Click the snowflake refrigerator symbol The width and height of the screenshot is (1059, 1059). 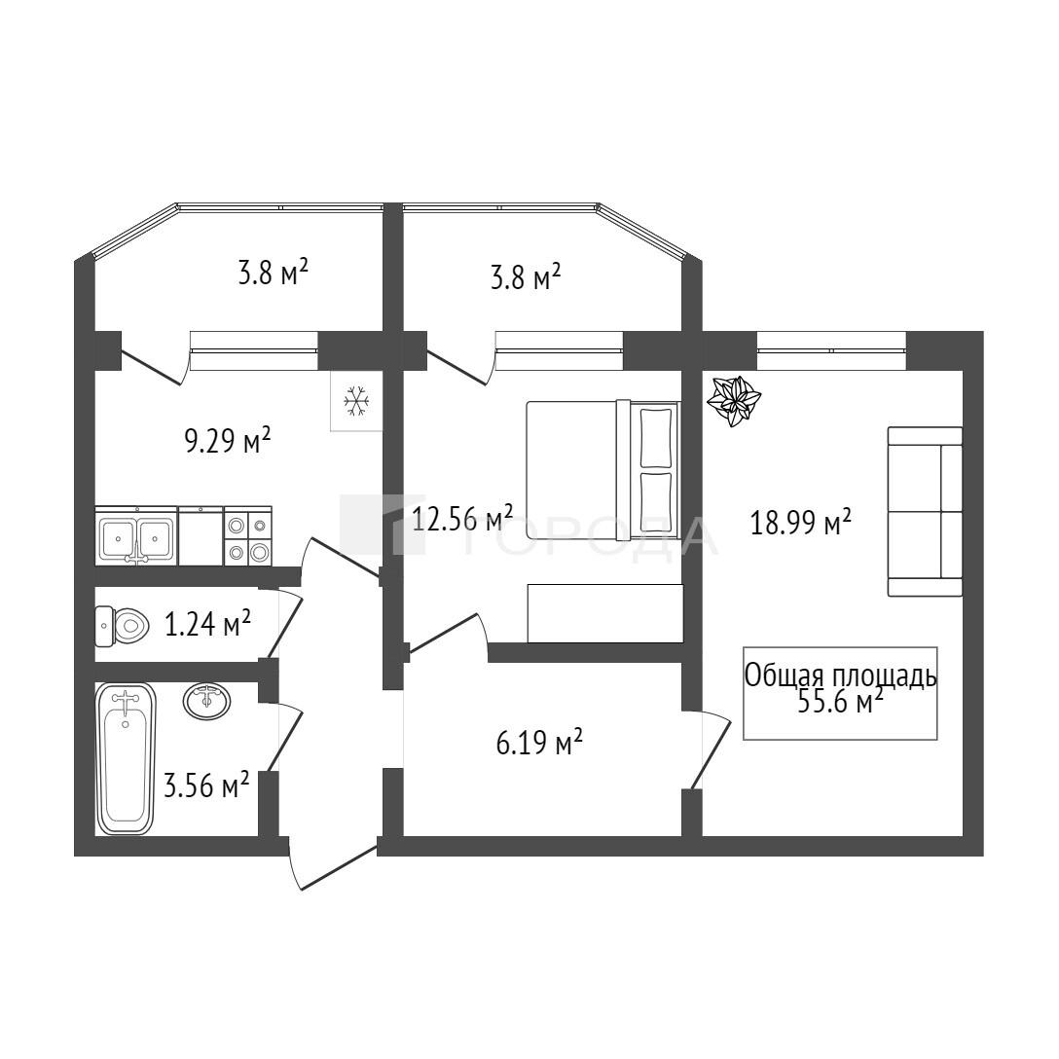coord(356,401)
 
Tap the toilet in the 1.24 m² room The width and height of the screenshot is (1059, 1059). coord(123,626)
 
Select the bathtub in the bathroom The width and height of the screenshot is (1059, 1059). coord(127,758)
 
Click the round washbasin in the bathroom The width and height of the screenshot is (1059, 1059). coord(206,701)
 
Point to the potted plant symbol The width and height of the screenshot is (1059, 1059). coord(734,401)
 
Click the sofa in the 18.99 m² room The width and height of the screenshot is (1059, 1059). coord(925,511)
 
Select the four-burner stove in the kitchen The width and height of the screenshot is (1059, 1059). coord(248,535)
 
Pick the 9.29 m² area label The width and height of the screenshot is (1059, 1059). coord(228,441)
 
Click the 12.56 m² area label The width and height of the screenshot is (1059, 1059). coord(462,518)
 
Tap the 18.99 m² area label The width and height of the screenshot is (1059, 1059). coord(801,522)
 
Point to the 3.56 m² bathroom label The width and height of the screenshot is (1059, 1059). coord(206,785)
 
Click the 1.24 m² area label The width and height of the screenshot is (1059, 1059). coord(208,624)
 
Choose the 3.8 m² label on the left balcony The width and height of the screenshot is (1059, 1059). coord(274,274)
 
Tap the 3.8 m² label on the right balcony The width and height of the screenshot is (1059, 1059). coord(527,276)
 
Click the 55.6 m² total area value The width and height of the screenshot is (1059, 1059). coord(841,703)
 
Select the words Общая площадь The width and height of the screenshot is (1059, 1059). coord(841,676)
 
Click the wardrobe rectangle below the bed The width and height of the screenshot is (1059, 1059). coord(605,613)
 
